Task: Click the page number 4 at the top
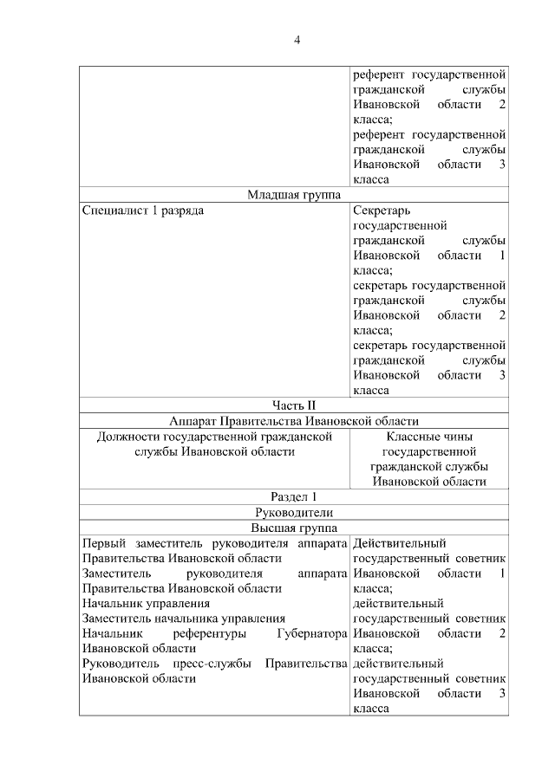(296, 40)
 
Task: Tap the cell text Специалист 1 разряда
(143, 211)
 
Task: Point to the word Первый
(104, 543)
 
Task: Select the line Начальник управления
(146, 603)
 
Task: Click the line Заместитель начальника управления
(183, 619)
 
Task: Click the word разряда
(184, 211)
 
